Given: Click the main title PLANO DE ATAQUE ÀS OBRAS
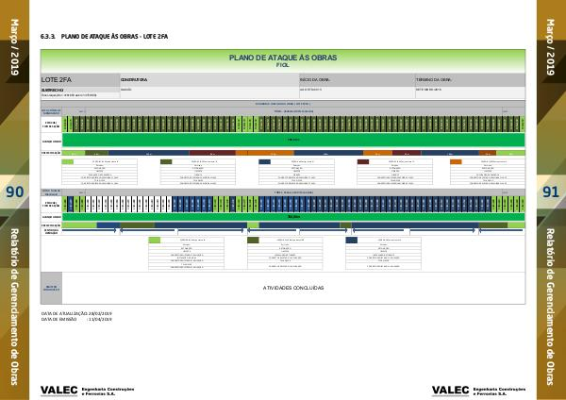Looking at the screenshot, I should coord(282,58).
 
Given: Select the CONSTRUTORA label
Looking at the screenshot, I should coord(135,80).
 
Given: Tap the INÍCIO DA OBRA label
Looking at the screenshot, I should coord(313,80).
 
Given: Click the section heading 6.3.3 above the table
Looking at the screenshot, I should coord(104,36).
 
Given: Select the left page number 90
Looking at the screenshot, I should coord(14,192).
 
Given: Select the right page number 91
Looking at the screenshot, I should coord(552,192).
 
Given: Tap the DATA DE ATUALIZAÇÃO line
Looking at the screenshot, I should coord(76,312).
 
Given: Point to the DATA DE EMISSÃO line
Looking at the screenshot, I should coord(76,319).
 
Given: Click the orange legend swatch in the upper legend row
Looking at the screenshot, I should coord(456,162).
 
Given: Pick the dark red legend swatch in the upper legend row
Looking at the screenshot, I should coord(363,162).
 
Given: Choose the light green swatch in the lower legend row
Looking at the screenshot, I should coord(154,240).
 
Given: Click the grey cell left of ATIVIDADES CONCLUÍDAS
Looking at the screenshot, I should coord(51,287).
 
